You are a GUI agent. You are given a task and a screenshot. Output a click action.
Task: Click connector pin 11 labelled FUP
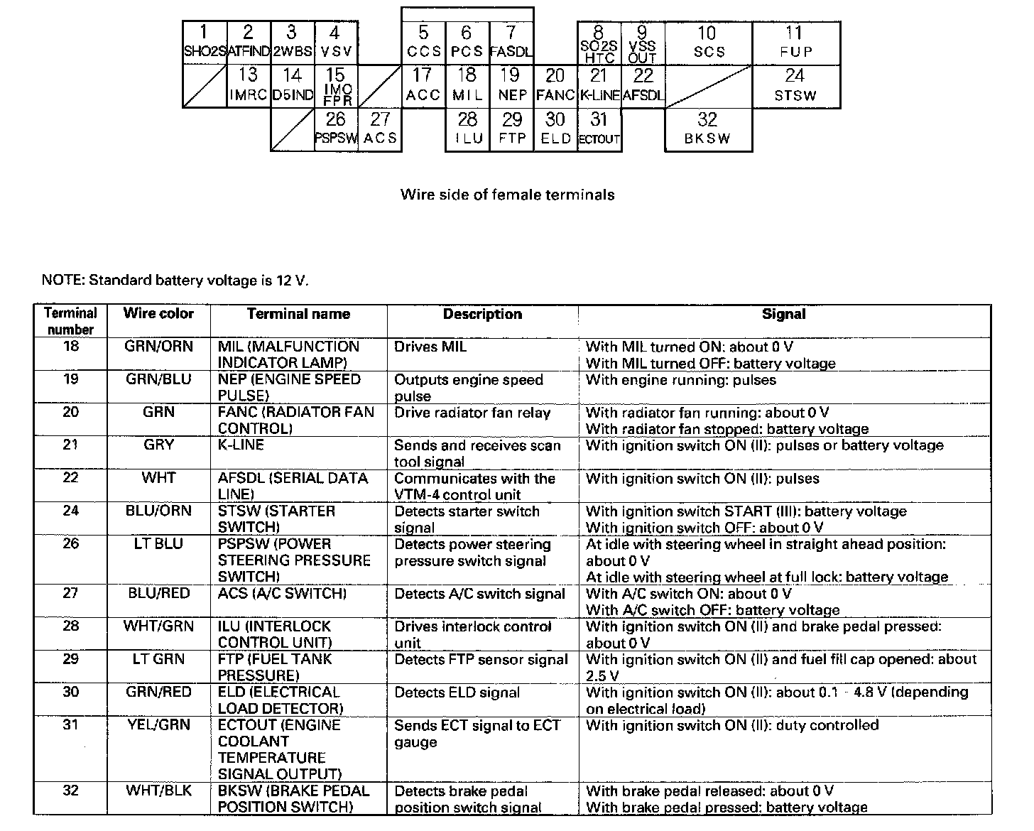pos(795,43)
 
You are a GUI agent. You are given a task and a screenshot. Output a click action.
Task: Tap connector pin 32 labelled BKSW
pos(707,129)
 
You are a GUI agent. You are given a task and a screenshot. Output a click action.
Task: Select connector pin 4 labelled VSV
pos(335,43)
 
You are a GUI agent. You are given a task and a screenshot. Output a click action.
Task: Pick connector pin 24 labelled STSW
pos(795,86)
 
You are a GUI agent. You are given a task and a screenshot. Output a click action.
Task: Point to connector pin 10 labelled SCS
pos(708,43)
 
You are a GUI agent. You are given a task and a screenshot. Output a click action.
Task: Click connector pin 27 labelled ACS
pos(380,129)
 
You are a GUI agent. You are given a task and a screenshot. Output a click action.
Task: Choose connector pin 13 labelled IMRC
pos(248,86)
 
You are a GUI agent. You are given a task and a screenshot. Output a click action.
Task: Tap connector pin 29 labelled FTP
pos(511,129)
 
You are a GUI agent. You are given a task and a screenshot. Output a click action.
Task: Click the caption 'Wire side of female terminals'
pos(507,195)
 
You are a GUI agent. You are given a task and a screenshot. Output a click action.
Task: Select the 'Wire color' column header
pos(158,314)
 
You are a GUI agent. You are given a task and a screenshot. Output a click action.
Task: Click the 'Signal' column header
pos(784,314)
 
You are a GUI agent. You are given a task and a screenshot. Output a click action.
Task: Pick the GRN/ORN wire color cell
pos(158,347)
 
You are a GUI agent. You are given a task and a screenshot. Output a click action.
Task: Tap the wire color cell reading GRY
pos(158,445)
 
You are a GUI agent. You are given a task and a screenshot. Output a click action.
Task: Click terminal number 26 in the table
pos(70,544)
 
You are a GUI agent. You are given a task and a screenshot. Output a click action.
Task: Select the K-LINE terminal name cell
pos(241,445)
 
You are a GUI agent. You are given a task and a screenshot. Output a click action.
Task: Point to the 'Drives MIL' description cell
pos(430,347)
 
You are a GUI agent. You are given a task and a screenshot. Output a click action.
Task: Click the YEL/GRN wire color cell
pos(158,725)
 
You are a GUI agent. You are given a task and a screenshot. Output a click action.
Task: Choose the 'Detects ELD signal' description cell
pos(457,692)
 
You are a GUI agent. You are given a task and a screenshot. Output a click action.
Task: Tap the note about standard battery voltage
pos(175,280)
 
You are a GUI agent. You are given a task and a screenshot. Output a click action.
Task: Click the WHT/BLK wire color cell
pos(158,791)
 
